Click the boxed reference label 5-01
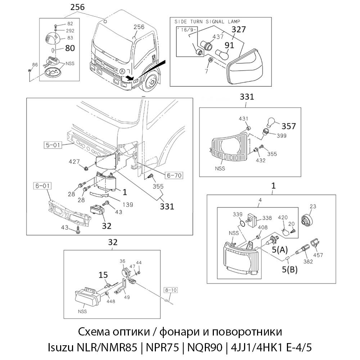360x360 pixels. (53, 146)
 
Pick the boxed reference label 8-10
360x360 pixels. (171, 289)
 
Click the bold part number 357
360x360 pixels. (289, 126)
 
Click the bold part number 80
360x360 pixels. (70, 48)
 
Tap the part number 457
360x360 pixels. (318, 255)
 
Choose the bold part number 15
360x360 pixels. (103, 275)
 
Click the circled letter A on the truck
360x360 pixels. (123, 71)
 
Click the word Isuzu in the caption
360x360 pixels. (60, 347)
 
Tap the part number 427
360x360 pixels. (74, 162)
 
